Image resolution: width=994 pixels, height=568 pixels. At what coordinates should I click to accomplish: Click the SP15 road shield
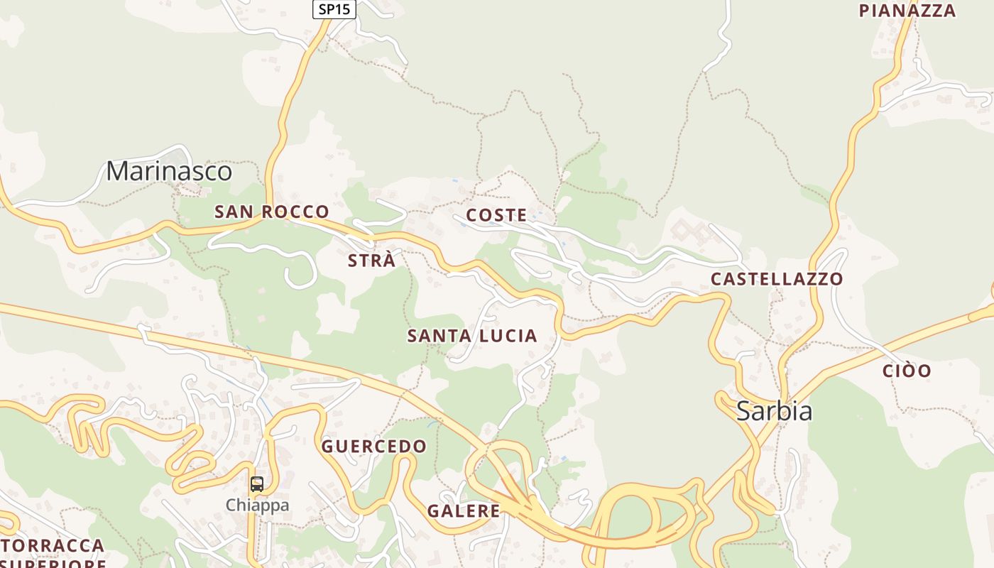[334, 9]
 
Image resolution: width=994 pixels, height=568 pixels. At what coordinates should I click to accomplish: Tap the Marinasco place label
[169, 171]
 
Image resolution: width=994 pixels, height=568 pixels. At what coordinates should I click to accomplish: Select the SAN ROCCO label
[272, 212]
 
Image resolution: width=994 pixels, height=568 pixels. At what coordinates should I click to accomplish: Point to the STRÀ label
[371, 261]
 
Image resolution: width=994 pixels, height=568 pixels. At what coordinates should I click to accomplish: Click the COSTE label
[496, 215]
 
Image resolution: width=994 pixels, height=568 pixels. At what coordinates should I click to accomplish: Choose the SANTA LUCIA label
[472, 336]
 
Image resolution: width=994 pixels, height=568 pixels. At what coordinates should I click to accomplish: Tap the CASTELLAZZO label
[777, 279]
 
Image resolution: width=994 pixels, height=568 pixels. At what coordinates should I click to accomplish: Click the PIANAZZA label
[907, 11]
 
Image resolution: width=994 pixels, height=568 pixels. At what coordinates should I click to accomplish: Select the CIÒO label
[907, 371]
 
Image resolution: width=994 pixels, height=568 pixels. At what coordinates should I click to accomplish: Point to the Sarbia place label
[774, 411]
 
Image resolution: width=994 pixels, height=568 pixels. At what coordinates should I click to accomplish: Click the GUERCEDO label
[374, 447]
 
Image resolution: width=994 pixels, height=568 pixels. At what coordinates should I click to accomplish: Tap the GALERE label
[464, 510]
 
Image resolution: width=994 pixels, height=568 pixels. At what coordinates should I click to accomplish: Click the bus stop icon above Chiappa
[257, 484]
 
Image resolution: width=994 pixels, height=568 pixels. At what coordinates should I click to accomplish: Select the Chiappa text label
[257, 506]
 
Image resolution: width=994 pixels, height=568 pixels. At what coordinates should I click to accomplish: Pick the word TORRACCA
[53, 546]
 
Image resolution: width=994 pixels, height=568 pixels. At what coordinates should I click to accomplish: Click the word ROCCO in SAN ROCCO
[295, 212]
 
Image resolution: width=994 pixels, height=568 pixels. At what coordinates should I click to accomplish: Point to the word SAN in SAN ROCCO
[234, 212]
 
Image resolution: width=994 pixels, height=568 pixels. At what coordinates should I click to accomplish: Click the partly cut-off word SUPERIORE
[53, 564]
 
